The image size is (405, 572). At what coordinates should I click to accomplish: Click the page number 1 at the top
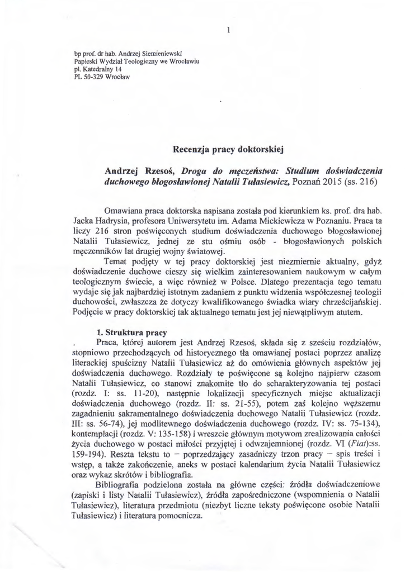[229, 31]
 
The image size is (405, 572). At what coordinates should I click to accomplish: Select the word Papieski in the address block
[86, 61]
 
